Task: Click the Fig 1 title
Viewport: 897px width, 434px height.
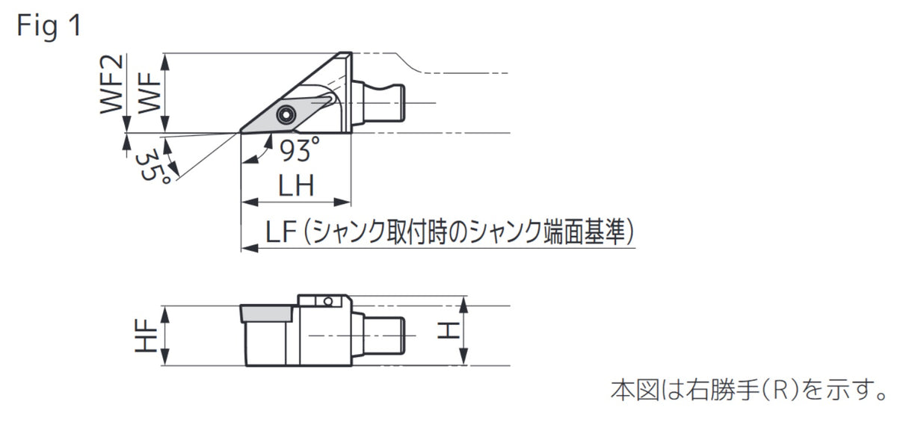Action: click(49, 25)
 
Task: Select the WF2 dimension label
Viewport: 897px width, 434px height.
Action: click(111, 84)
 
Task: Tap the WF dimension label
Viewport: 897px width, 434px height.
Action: click(149, 93)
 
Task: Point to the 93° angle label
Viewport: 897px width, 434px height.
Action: click(300, 149)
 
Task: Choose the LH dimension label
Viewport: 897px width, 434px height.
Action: click(296, 185)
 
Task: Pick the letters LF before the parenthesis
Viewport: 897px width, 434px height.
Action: click(281, 232)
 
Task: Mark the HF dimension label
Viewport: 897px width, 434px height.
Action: click(146, 335)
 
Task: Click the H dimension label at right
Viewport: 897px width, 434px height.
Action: click(448, 331)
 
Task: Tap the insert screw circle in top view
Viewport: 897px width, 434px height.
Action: click(286, 115)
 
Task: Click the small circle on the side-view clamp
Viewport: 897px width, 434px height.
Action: click(328, 301)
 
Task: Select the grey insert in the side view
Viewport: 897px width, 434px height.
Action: click(266, 314)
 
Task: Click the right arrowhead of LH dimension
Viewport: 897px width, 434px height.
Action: click(342, 202)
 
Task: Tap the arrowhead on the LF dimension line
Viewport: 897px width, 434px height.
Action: click(250, 249)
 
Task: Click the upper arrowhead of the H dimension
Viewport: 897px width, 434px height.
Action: click(463, 305)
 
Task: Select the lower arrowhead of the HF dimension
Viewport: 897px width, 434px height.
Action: click(165, 357)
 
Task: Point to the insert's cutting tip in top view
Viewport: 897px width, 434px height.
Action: click(241, 131)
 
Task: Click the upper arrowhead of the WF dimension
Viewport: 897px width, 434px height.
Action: click(165, 63)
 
